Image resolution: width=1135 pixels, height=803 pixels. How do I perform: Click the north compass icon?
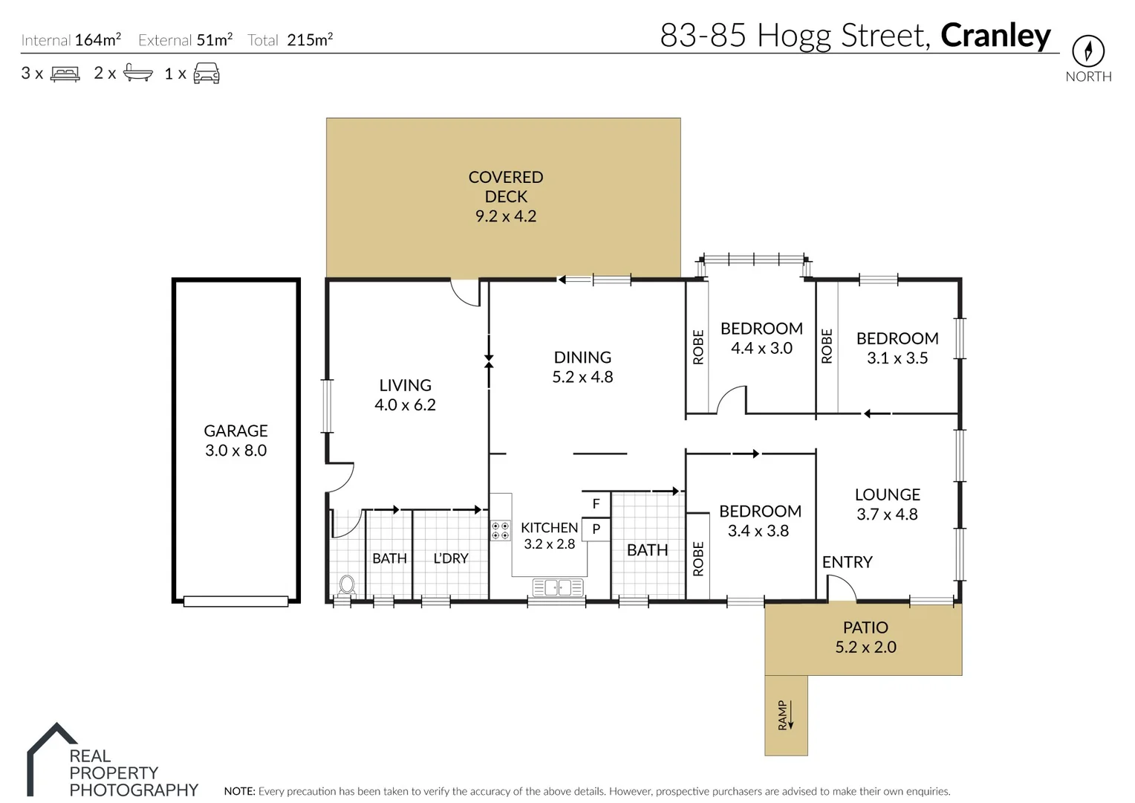1087,51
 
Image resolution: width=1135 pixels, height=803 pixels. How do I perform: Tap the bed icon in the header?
65,74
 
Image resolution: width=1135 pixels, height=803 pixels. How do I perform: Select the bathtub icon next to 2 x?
138,73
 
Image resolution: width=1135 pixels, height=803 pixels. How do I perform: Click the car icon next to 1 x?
206,73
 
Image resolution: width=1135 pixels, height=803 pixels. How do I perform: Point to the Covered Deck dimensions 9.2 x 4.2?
505,216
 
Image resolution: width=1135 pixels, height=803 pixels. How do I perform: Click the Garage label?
235,430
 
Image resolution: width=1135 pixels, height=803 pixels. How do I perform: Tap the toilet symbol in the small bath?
346,584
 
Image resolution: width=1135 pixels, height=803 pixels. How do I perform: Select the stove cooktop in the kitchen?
501,530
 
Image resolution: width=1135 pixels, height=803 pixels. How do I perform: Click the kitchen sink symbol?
557,587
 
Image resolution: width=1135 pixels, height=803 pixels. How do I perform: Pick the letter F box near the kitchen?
596,504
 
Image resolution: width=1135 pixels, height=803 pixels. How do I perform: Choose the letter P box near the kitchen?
596,529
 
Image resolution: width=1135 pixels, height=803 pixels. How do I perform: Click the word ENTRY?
847,562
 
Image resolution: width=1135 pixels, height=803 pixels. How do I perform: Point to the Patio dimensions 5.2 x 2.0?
865,647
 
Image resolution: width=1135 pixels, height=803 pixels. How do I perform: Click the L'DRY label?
451,558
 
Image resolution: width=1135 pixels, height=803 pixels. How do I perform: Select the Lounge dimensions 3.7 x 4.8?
887,515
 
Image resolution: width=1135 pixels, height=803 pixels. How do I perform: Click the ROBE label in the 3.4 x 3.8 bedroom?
697,559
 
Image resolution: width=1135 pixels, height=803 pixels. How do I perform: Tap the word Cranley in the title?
995,35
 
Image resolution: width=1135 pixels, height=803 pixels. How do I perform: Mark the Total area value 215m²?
310,40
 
